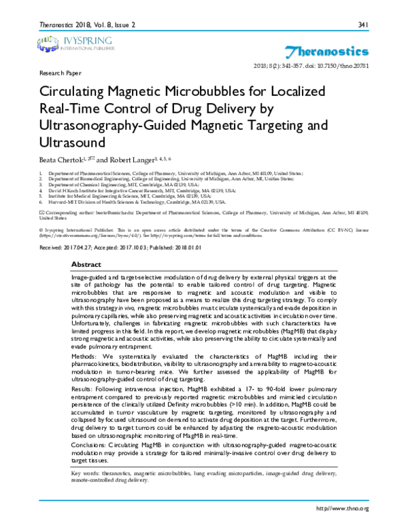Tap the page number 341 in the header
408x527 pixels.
(x=362, y=26)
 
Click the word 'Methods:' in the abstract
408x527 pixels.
(x=86, y=355)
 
